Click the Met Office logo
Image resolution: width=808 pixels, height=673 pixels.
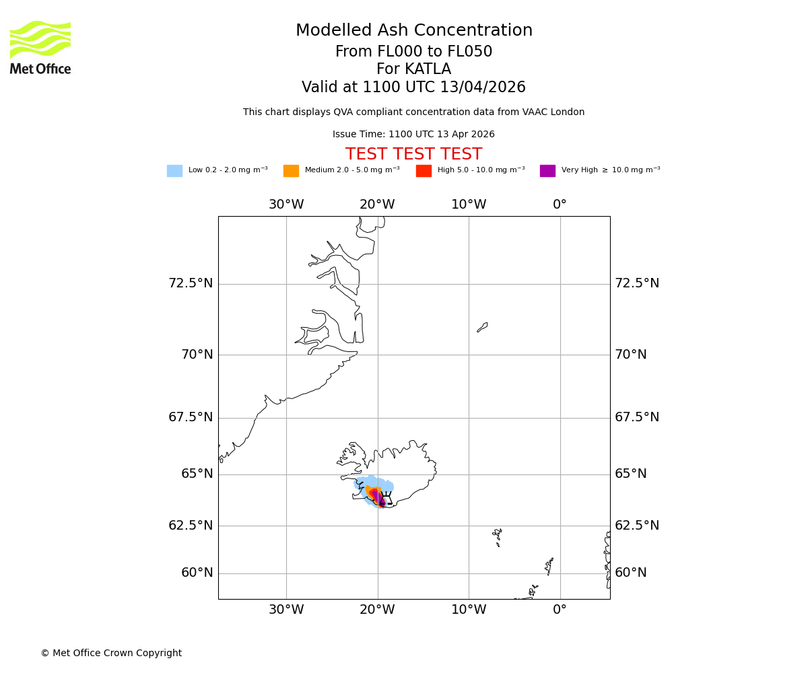coord(40,48)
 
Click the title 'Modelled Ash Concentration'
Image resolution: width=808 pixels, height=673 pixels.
coord(414,31)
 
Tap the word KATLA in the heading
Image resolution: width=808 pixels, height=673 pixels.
coord(428,69)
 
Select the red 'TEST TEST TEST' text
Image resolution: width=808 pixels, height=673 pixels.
coord(413,155)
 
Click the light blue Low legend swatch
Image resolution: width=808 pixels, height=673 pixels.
coord(174,171)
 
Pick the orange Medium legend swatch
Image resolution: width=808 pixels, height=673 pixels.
coord(291,171)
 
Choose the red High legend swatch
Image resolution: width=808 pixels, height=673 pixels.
coord(424,171)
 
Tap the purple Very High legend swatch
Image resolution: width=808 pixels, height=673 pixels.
coord(547,171)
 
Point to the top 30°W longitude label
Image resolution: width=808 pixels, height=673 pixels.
coord(286,205)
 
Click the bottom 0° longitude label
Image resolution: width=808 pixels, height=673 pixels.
coord(560,610)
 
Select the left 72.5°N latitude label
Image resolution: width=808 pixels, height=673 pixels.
coord(191,283)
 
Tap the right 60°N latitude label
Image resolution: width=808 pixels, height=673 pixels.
coord(631,573)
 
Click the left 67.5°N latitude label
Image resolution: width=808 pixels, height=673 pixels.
coord(191,417)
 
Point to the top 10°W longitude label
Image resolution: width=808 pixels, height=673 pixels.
coord(469,205)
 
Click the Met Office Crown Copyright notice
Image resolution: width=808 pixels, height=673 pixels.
coord(111,653)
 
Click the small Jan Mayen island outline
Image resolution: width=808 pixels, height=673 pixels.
coord(482,327)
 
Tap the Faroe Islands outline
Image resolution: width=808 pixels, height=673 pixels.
coord(498,536)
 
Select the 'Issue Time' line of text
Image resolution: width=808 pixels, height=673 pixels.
coord(413,135)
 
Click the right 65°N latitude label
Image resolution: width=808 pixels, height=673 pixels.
coord(631,474)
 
